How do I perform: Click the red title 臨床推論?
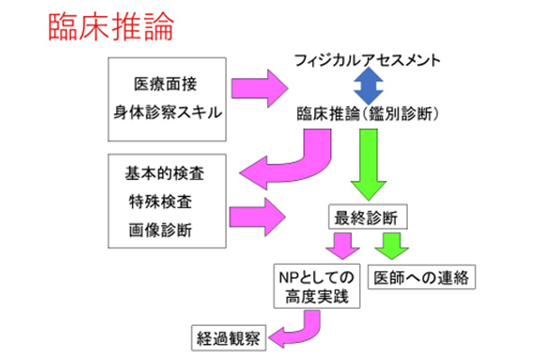(x=98, y=25)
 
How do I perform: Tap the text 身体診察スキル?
(x=168, y=113)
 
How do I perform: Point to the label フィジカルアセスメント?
(x=367, y=60)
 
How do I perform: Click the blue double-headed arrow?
(x=367, y=88)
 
